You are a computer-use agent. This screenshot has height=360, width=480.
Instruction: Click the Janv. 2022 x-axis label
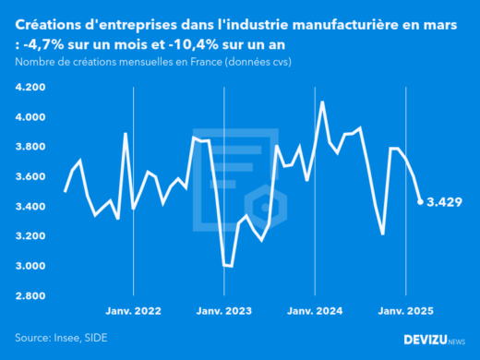(134, 312)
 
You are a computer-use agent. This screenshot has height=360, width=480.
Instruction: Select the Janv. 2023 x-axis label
(223, 312)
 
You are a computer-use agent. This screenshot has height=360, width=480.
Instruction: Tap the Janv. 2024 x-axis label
(314, 312)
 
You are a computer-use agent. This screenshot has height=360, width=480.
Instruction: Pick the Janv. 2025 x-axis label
(403, 312)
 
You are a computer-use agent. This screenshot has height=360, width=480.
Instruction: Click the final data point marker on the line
(421, 201)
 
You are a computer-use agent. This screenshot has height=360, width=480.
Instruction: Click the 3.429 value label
(445, 201)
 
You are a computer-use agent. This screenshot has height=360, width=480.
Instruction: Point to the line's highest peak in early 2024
(322, 102)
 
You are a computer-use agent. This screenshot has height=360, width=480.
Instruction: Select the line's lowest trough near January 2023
(231, 266)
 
